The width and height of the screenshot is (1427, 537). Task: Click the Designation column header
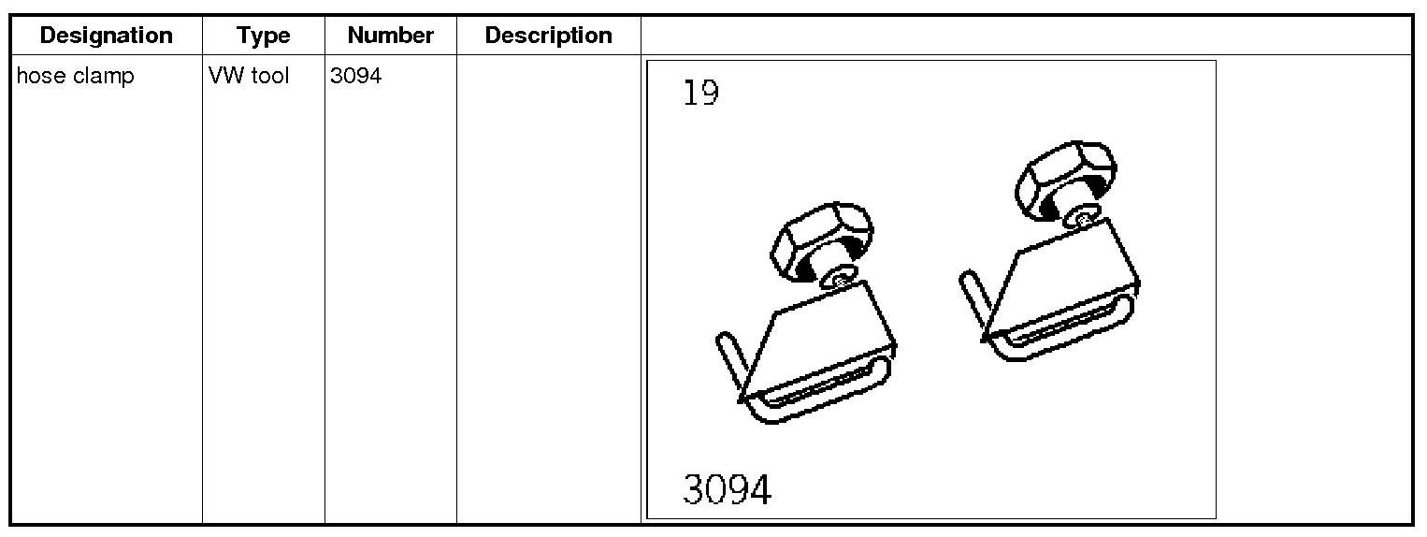coord(106,36)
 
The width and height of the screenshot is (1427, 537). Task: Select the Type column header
coord(263,36)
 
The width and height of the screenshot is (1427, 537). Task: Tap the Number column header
coord(390,36)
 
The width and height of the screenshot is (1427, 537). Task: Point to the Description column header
coord(548,36)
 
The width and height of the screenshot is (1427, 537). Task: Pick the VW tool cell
coord(249,77)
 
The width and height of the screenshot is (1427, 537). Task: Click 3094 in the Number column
coord(355,77)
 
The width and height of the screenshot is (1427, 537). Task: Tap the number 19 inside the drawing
coord(701,94)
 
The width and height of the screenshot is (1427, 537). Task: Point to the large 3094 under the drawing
coord(728,489)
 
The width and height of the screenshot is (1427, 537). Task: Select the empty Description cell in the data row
coord(548,281)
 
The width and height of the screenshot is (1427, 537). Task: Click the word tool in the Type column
coord(271,77)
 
